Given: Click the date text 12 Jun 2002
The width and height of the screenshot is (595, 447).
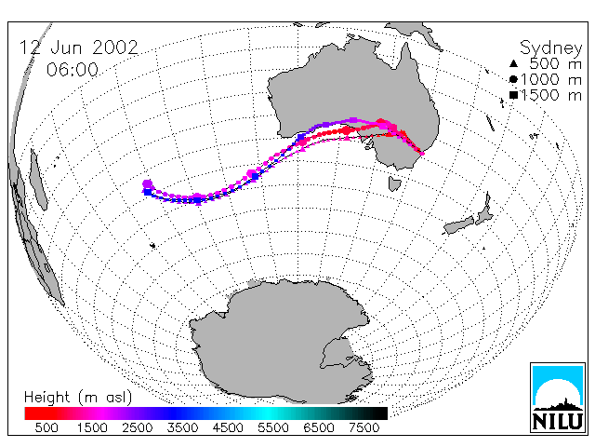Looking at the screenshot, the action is click(x=79, y=47).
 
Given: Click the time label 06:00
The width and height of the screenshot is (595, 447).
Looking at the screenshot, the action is click(x=73, y=70).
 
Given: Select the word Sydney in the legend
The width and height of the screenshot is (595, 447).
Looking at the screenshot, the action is click(x=551, y=48).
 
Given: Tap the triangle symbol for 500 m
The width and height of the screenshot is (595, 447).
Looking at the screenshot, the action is click(x=513, y=63).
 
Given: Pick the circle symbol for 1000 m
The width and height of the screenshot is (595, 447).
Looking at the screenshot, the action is click(x=513, y=79).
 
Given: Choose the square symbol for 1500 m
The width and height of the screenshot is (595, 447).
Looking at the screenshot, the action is click(x=513, y=95).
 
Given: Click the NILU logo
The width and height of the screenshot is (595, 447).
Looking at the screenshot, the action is click(x=558, y=398).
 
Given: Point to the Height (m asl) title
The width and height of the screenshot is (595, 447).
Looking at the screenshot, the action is click(x=78, y=397).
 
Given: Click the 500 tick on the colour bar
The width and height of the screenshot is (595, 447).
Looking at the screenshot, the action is click(x=46, y=427).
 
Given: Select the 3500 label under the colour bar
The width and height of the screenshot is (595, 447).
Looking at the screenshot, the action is click(x=182, y=427).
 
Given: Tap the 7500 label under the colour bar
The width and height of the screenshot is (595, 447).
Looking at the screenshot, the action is click(x=364, y=427).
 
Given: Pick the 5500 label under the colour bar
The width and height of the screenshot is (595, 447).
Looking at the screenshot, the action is click(x=273, y=427).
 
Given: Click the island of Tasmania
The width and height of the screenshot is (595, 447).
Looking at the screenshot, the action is click(x=394, y=183).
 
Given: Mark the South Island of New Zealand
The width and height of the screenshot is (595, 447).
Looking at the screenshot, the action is click(x=459, y=225).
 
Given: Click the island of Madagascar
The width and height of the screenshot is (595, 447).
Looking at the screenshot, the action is click(x=38, y=180).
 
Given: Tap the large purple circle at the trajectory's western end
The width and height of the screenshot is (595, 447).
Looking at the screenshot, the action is click(x=147, y=184).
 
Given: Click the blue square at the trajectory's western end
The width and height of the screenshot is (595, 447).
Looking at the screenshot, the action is click(x=148, y=193).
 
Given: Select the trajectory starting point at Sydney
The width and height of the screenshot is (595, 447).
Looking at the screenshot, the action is click(x=421, y=153).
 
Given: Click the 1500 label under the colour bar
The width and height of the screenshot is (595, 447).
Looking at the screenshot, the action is click(x=92, y=427).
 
